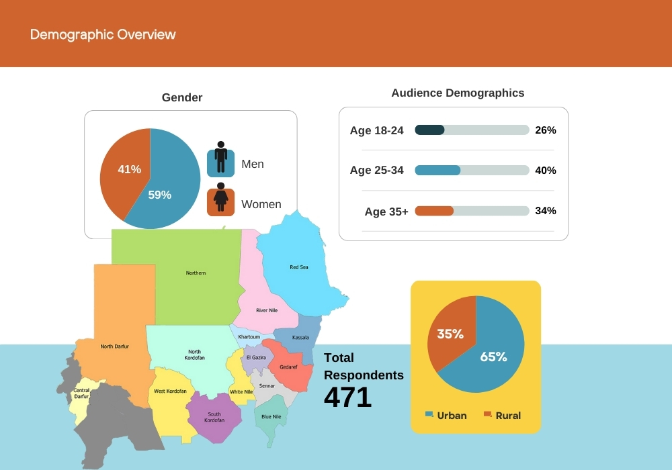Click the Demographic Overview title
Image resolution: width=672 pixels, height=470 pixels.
point(103,34)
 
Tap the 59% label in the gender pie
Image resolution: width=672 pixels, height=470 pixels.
point(160,195)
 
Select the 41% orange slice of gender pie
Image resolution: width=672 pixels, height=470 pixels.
point(124,171)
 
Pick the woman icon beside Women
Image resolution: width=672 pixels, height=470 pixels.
point(220,200)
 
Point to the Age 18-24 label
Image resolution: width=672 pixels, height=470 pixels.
point(376,130)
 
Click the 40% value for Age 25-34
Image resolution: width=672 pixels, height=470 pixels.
point(546,171)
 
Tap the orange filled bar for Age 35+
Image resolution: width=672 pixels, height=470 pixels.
point(434,211)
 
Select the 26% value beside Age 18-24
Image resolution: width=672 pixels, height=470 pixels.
point(546,130)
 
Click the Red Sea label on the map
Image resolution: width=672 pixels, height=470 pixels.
point(299,267)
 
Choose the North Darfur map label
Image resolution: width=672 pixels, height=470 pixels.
point(114,346)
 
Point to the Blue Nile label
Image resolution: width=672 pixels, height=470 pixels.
point(271,416)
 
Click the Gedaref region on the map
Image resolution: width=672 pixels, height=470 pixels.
point(288,367)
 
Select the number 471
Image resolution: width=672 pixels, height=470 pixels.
point(347,397)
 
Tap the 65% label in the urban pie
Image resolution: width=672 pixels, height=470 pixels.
point(493,357)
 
